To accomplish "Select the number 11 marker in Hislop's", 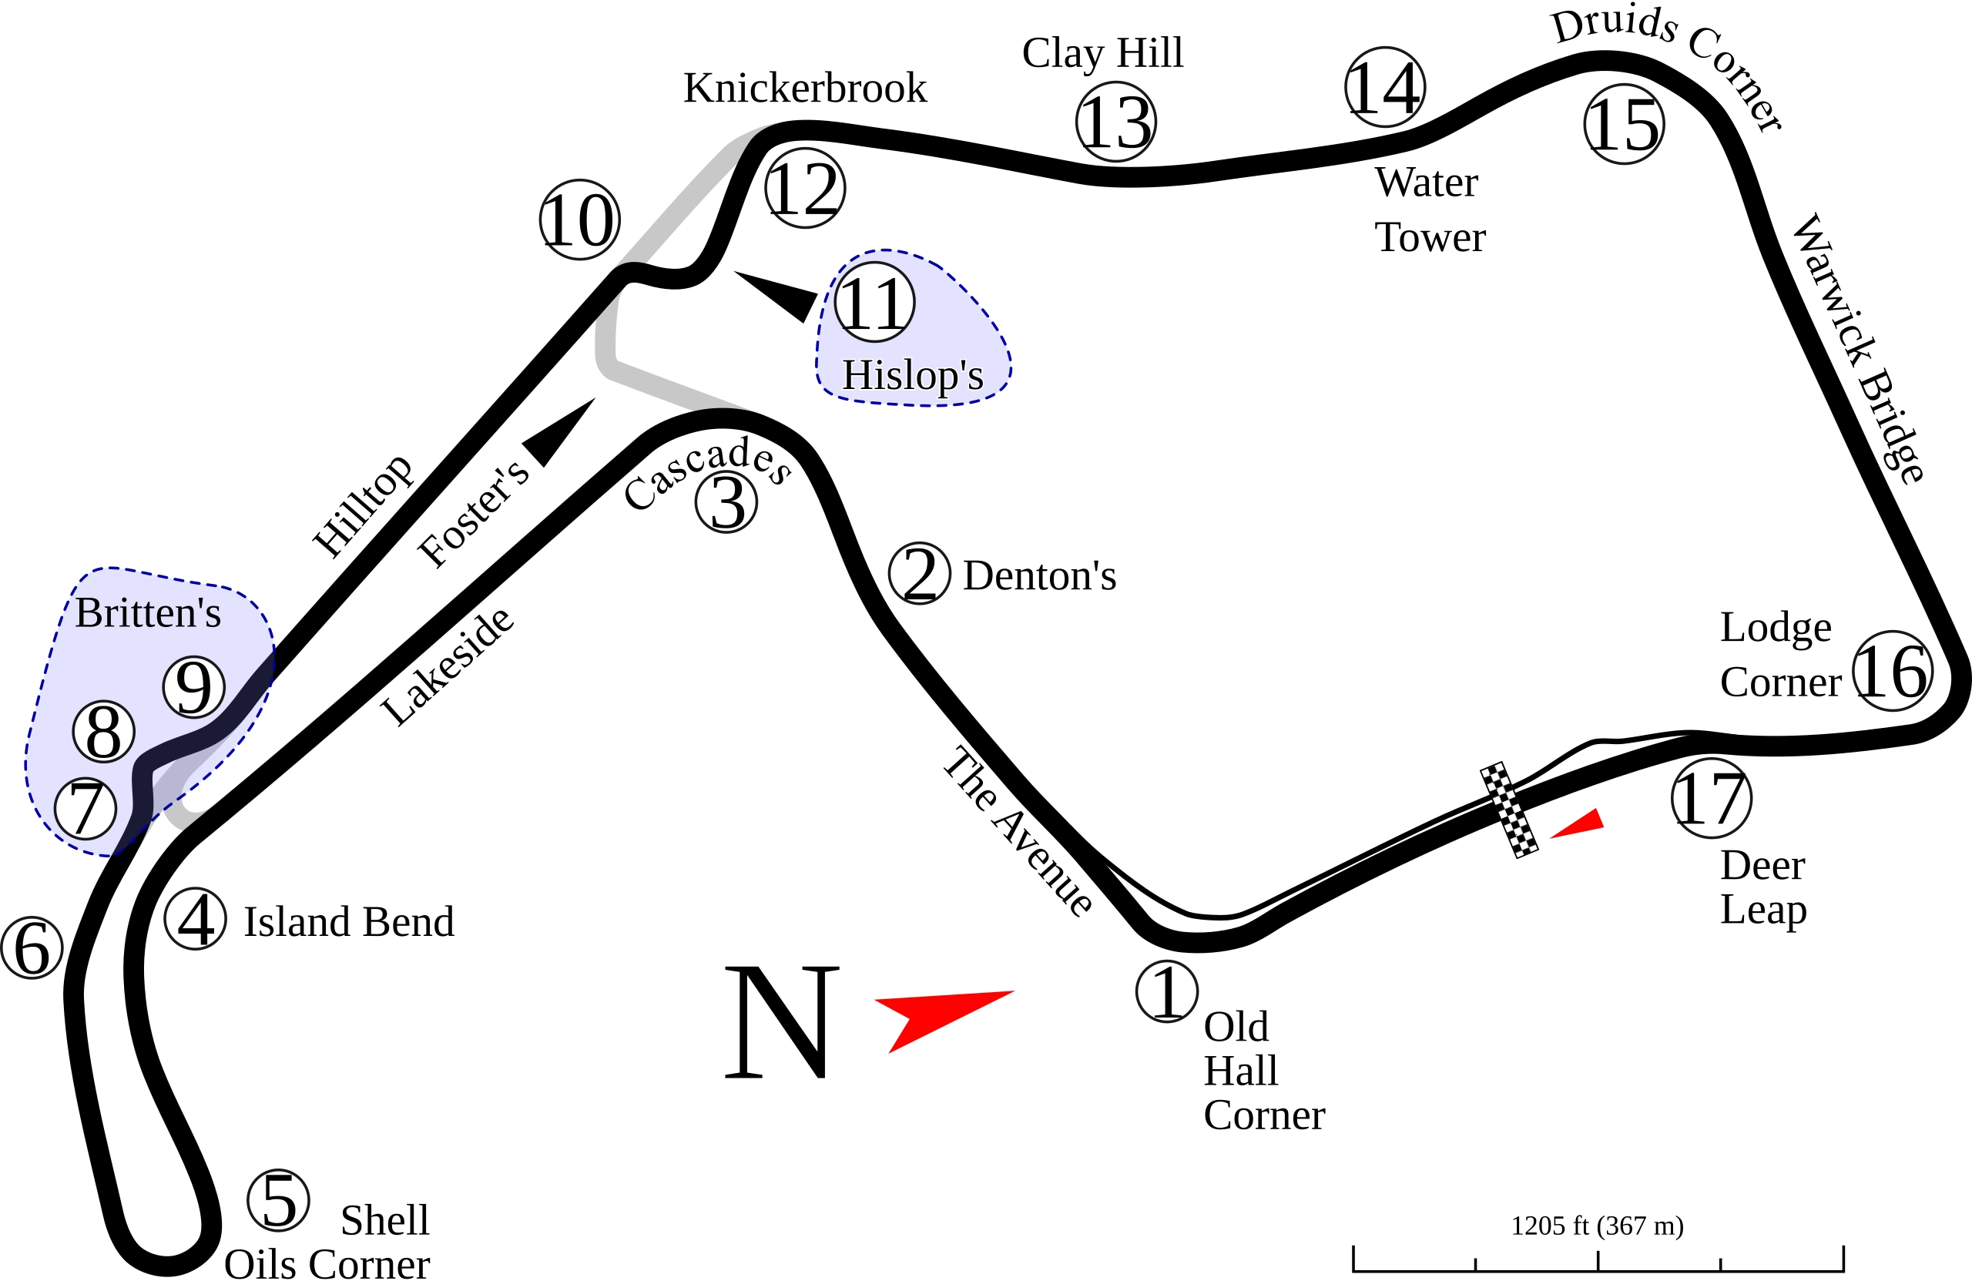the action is (874, 302).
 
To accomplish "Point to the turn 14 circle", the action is (1384, 87).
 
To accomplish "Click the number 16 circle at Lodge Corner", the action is (1893, 671).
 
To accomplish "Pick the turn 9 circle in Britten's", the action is (194, 687).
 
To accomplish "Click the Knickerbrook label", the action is (803, 87).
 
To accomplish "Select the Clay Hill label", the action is (1103, 53).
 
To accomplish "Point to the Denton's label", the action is (1040, 575).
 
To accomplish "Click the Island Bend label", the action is (349, 921).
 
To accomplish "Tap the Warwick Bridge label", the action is (1856, 348).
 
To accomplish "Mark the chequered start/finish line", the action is (1510, 810).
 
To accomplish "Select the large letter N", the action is (781, 1022).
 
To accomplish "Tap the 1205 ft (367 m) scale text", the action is (1597, 1225).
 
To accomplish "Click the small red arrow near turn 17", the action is (1579, 823).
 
